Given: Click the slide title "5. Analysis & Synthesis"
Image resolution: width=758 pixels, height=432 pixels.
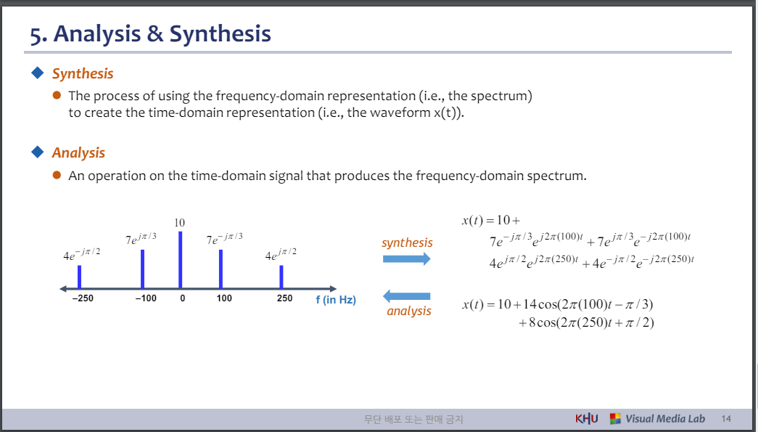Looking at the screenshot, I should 150,33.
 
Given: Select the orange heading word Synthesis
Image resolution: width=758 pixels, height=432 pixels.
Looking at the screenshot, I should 83,73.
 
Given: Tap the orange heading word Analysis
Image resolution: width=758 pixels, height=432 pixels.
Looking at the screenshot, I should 78,152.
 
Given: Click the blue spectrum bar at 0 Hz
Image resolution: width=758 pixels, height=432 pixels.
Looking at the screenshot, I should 180,259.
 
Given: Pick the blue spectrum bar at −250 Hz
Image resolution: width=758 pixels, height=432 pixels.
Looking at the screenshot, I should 79,277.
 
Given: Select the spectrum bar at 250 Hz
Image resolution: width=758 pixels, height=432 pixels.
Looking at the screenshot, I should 281,277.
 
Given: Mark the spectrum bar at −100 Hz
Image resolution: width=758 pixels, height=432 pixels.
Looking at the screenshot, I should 143,269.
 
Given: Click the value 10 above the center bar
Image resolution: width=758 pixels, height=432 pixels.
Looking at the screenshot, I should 180,222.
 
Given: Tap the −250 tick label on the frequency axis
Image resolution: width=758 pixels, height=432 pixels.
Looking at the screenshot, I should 83,298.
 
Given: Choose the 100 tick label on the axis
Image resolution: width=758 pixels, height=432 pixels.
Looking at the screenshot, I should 224,298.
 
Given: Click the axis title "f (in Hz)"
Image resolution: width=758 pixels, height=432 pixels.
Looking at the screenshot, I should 335,300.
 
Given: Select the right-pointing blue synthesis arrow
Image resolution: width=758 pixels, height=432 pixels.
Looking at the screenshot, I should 406,259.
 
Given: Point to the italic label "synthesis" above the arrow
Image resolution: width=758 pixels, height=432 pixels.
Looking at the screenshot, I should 407,243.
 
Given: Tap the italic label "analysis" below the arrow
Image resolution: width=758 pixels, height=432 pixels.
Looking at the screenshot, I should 408,311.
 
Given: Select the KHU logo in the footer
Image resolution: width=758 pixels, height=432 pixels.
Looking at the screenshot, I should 586,419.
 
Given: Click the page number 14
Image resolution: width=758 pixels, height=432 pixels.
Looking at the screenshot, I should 727,419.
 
